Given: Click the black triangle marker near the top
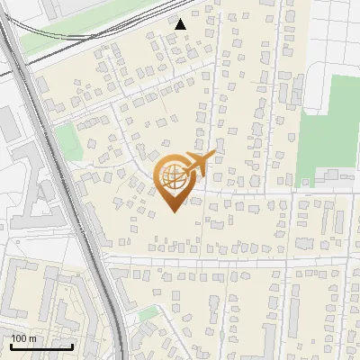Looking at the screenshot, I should (181, 25).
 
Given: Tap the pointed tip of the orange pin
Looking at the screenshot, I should (173, 212).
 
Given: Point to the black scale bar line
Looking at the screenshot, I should (41, 346).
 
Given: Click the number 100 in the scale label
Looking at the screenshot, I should (19, 338).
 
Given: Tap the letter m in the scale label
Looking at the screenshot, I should (32, 338).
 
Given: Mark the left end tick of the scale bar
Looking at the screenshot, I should (11, 345).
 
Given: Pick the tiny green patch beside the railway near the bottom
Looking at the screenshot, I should (148, 315).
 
